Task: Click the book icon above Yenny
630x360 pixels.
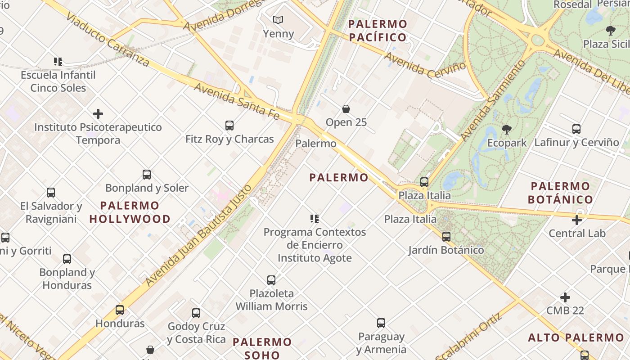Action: pyautogui.click(x=278, y=20)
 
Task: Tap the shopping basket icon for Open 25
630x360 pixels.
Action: pyautogui.click(x=346, y=109)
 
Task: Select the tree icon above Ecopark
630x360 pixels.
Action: pyautogui.click(x=507, y=130)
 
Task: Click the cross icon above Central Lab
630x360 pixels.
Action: pyautogui.click(x=577, y=220)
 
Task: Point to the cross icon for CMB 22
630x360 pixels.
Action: pyautogui.click(x=565, y=297)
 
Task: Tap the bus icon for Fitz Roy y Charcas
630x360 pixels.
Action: pyautogui.click(x=229, y=126)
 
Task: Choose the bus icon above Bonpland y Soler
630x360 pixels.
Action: pyautogui.click(x=147, y=174)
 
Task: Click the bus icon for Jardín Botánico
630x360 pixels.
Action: pyautogui.click(x=446, y=236)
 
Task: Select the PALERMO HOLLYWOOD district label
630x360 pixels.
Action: pyautogui.click(x=130, y=212)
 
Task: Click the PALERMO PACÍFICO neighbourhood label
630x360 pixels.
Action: pyautogui.click(x=378, y=31)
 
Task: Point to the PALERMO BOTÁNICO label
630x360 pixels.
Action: pyautogui.click(x=560, y=193)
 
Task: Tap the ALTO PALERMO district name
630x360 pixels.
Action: pyautogui.click(x=576, y=337)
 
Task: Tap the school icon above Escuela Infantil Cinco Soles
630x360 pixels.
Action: pyautogui.click(x=58, y=61)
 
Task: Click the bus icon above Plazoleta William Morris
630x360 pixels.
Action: pyautogui.click(x=271, y=280)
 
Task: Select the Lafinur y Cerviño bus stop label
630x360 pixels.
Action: pyautogui.click(x=576, y=143)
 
